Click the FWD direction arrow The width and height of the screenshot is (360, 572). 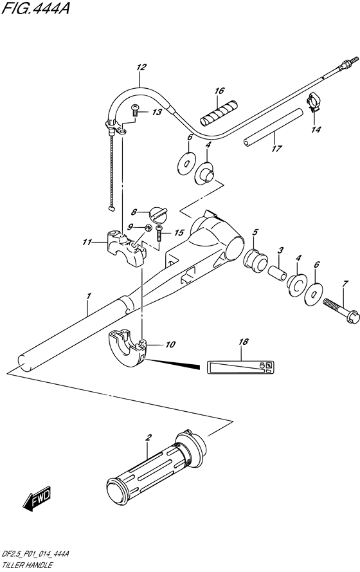coord(37,498)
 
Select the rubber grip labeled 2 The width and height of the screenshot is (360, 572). coord(157,463)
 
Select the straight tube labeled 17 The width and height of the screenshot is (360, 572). coord(274,127)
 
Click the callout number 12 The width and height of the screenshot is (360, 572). coord(141,67)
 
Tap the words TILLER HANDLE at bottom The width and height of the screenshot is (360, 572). coord(26,566)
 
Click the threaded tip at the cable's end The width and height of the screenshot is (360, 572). coord(349,62)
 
